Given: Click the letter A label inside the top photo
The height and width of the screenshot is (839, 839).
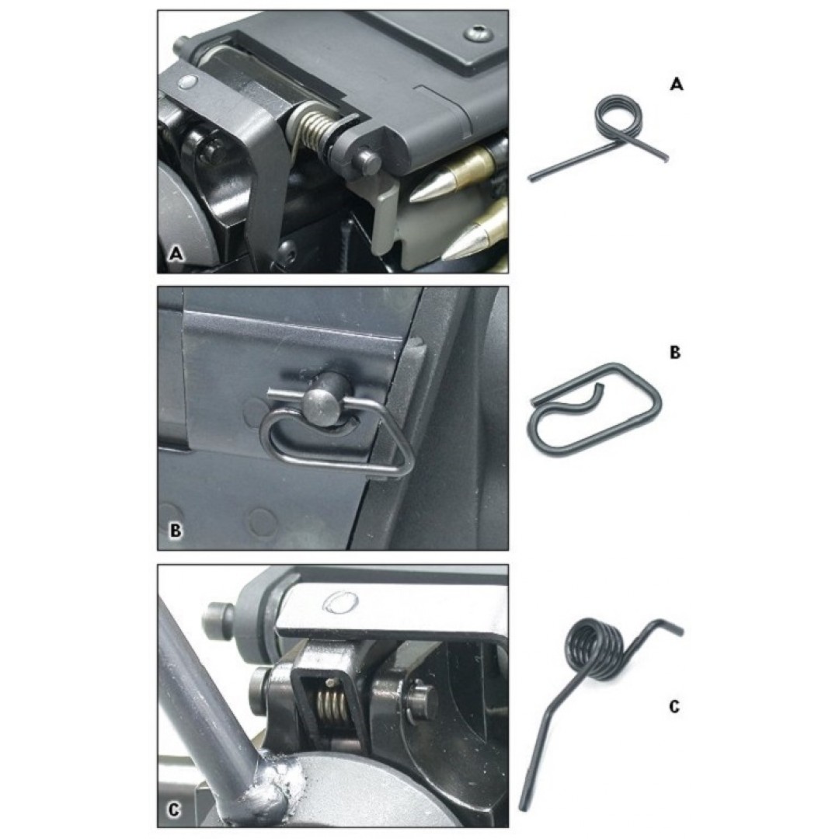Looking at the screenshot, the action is (x=176, y=253).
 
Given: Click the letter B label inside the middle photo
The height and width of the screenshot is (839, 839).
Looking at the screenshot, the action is (x=175, y=531).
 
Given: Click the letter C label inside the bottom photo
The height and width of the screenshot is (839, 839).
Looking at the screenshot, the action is (x=174, y=809).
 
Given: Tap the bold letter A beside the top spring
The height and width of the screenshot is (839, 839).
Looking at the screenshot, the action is (x=677, y=84).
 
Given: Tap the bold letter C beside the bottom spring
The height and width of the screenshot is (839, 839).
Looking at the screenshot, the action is (x=674, y=707).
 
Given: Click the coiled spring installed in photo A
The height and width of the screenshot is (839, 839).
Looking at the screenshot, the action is (x=312, y=134).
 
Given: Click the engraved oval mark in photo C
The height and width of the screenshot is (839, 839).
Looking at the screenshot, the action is (x=340, y=601).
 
